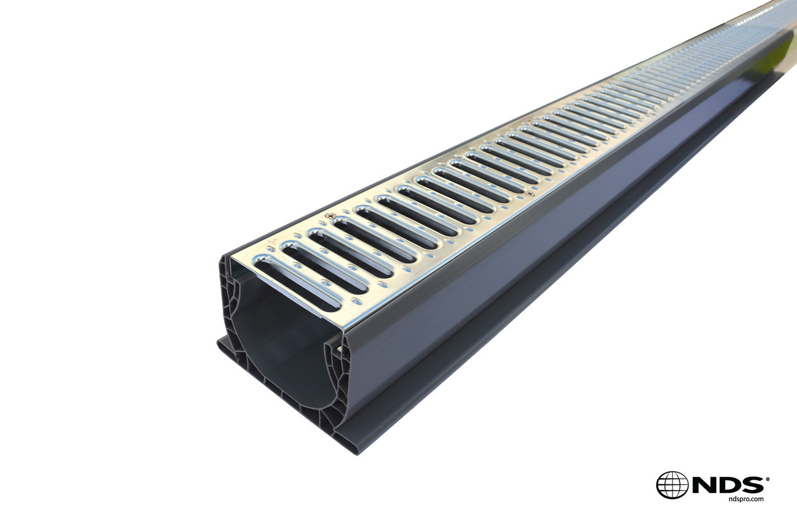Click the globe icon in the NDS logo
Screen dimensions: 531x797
point(672,485)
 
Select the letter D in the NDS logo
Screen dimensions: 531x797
point(728,484)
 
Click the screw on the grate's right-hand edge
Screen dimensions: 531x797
point(531,194)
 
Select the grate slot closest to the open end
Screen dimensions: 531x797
point(298,284)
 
